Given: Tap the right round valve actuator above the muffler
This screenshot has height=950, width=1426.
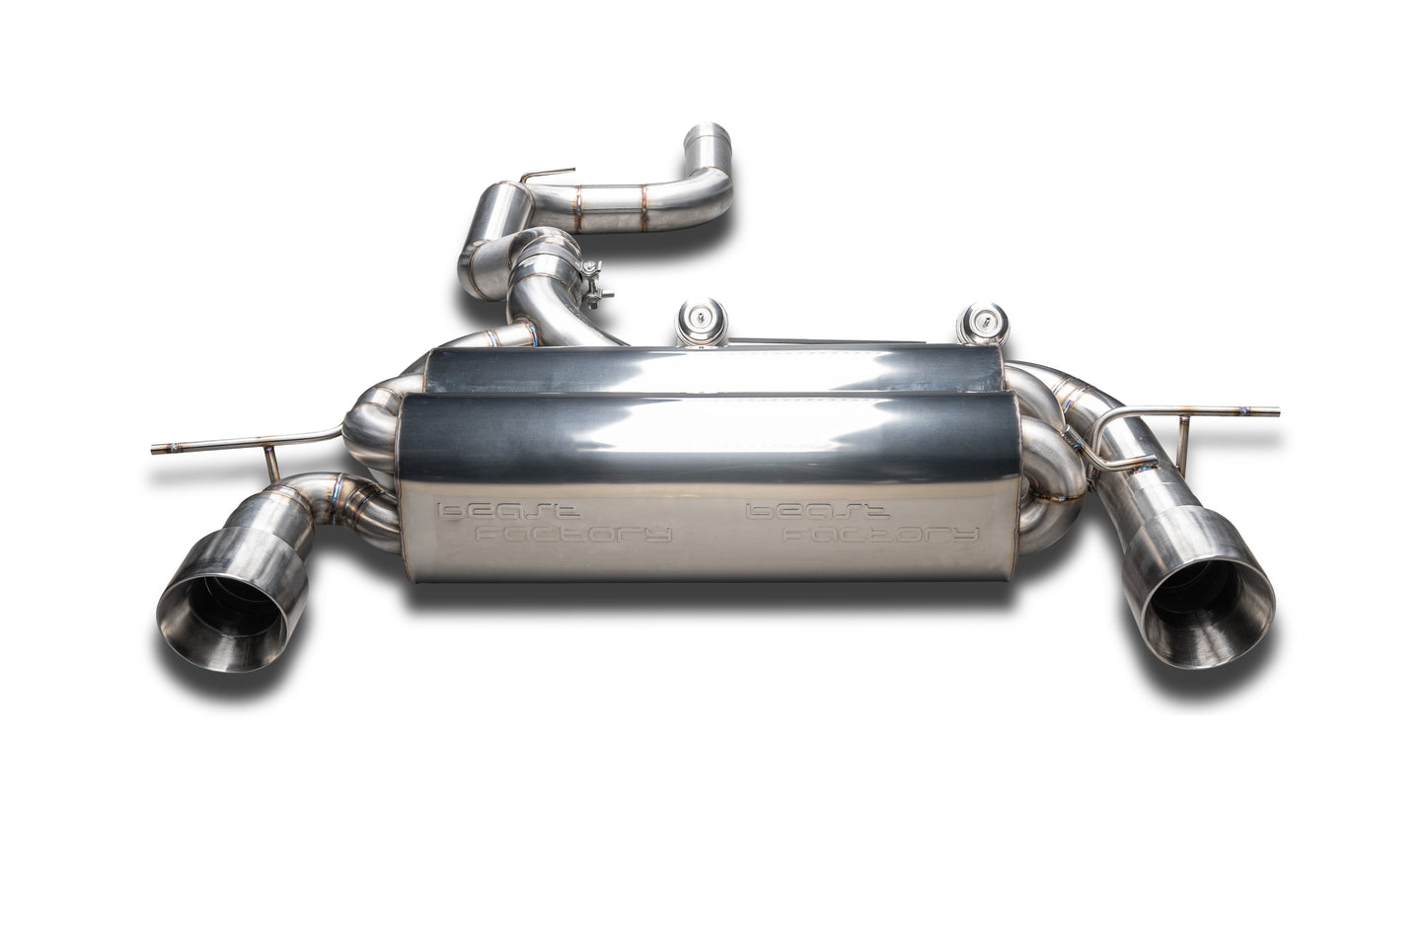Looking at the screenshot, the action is click(x=982, y=323).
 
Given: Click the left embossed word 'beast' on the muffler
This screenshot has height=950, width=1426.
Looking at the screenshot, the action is click(x=508, y=510).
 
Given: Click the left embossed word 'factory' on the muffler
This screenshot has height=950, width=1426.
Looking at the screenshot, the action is click(x=573, y=533).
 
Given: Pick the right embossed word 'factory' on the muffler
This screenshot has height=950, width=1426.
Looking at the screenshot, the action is click(x=880, y=533).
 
